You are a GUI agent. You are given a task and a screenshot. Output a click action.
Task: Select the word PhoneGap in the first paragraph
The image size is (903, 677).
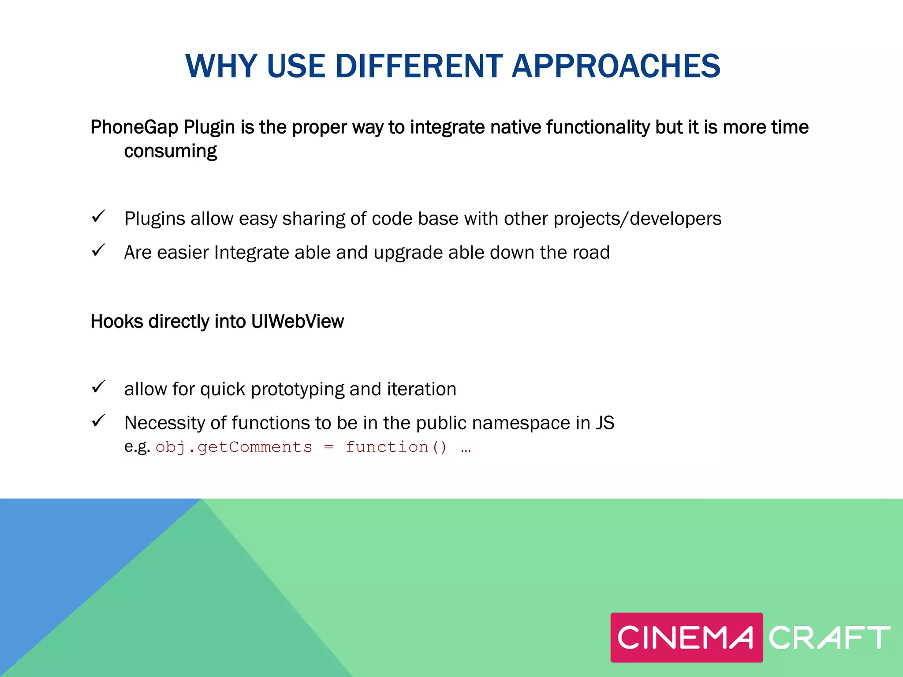134,127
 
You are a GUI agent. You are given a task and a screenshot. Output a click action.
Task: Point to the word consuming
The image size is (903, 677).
170,151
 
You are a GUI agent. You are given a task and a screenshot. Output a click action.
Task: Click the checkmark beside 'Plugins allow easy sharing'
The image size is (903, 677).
98,216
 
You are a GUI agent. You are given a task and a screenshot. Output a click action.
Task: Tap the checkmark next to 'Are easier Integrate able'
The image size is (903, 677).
98,250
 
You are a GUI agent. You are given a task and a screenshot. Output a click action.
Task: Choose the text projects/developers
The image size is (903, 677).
637,219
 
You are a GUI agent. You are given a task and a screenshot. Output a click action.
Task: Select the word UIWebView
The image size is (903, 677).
297,321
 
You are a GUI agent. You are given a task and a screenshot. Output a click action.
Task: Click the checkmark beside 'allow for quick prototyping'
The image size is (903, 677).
98,387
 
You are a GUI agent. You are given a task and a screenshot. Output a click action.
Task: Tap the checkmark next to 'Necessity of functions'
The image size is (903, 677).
98,421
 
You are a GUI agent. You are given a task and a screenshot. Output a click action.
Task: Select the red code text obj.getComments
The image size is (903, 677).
234,447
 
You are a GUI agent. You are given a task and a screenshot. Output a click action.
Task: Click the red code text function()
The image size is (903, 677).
396,447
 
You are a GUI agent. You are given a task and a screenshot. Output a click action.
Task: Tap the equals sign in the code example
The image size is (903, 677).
329,447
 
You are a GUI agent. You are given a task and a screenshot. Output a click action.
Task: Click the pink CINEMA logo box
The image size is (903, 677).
686,637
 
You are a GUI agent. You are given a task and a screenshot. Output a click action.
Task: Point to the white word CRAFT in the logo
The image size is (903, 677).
829,637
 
